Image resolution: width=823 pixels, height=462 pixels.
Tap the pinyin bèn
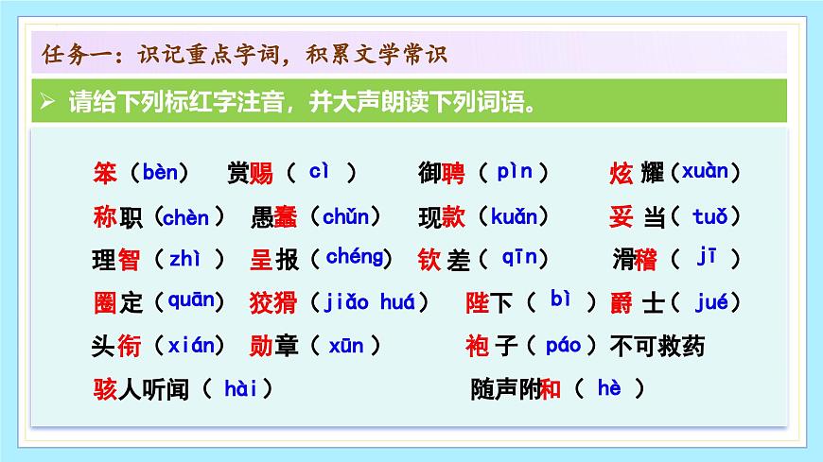pyautogui.click(x=159, y=172)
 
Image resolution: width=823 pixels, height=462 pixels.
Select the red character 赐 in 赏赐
pyautogui.click(x=262, y=174)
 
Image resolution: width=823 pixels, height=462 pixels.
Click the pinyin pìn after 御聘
pyautogui.click(x=515, y=172)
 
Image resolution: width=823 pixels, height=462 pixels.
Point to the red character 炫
pyautogui.click(x=621, y=174)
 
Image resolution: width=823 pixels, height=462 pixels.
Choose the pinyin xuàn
pyautogui.click(x=705, y=172)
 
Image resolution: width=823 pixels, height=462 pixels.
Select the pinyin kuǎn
pyautogui.click(x=519, y=217)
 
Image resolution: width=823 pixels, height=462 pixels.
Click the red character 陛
pyautogui.click(x=478, y=302)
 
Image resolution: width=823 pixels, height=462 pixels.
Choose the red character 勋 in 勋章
pyautogui.click(x=262, y=346)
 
